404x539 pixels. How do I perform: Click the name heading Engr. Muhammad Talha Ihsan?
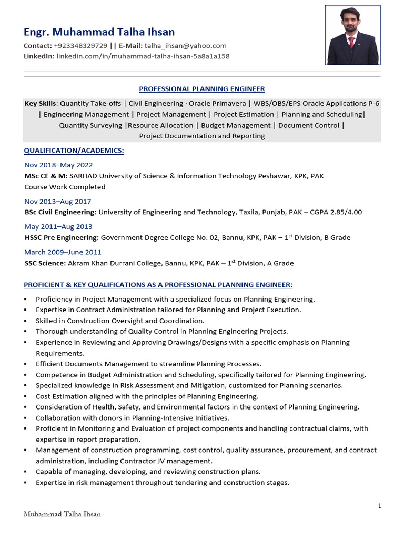point(99,32)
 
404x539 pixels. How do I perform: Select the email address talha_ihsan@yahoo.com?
point(185,46)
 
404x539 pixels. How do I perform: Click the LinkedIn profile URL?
point(143,56)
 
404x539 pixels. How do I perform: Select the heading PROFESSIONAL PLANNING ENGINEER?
point(201,89)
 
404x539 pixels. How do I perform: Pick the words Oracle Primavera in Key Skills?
point(217,103)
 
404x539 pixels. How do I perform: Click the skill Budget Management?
point(236,125)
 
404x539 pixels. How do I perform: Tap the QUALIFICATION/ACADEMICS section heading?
point(74,151)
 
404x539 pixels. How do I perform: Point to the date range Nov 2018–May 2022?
point(58,165)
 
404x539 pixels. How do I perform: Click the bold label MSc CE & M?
point(45,176)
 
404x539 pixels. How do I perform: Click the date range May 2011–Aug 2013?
point(58,227)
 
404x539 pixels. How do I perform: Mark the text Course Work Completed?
point(65,187)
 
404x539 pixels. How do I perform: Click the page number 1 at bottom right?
point(379,506)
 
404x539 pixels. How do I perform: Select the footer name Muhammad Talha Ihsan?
point(62,514)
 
